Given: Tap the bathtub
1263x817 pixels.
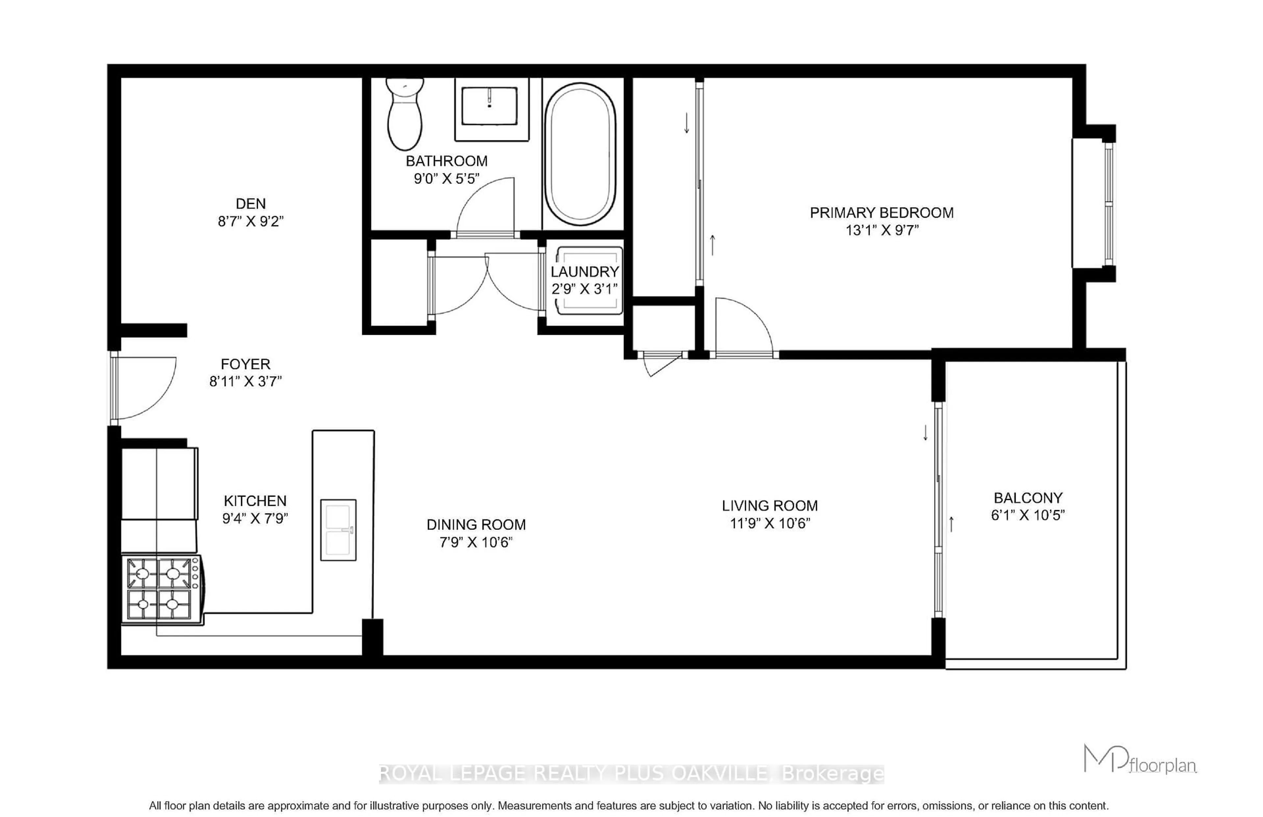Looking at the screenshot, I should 580,154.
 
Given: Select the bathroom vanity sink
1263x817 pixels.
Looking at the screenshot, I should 489,106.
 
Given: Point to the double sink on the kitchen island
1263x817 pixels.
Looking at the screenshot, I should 338,530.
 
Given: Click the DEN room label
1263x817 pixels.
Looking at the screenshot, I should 250,204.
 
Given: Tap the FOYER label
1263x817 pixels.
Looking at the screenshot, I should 246,364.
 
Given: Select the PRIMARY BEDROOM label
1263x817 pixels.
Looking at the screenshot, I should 881,213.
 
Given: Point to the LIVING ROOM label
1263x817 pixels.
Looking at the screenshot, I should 770,506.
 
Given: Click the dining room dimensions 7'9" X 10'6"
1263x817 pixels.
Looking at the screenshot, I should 476,542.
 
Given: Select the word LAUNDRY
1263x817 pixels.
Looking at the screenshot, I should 584,272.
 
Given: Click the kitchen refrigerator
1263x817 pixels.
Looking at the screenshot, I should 159,483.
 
